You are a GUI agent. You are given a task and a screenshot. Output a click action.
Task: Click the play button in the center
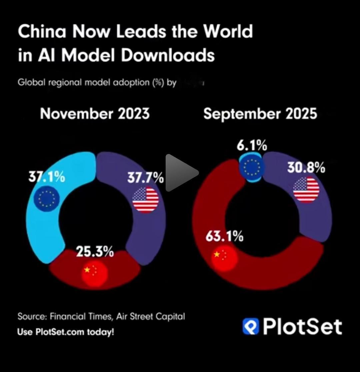click(181, 173)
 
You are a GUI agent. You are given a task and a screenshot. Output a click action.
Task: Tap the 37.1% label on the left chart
click(47, 177)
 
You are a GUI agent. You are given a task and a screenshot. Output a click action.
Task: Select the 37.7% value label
click(145, 178)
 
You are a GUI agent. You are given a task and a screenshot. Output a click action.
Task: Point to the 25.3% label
click(95, 252)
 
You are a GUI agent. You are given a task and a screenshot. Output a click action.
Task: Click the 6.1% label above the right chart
click(252, 145)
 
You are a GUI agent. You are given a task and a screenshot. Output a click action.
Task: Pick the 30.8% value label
click(306, 167)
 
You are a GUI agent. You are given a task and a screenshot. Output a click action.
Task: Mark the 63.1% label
click(224, 237)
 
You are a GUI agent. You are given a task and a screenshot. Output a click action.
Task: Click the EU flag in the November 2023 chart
click(47, 199)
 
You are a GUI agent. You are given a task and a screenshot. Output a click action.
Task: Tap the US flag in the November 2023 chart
click(145, 200)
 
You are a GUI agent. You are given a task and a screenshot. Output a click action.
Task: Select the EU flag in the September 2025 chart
click(252, 167)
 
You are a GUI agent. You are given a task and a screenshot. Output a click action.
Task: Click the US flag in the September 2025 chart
click(306, 190)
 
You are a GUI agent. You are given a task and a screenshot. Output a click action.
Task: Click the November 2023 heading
click(95, 114)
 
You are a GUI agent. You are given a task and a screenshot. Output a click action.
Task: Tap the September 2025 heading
click(260, 114)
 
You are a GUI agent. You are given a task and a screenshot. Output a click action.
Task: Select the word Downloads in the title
click(168, 55)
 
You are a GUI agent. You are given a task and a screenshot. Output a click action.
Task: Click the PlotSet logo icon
click(251, 326)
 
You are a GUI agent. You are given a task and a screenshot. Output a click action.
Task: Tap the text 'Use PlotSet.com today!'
click(66, 332)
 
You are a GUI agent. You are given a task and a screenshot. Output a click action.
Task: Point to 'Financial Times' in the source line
click(80, 316)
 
